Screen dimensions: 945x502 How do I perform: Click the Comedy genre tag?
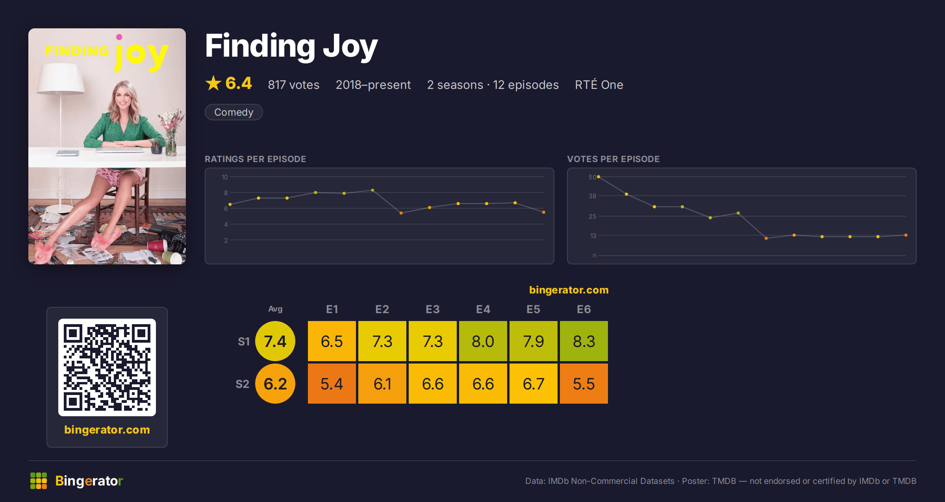click(233, 112)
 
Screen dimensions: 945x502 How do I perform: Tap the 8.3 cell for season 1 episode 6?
click(584, 341)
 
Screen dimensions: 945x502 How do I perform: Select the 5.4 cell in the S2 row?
click(332, 384)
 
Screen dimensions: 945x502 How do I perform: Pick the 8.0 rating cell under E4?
click(483, 341)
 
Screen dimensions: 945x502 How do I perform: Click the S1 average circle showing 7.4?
click(275, 341)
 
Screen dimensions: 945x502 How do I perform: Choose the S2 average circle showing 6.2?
click(275, 384)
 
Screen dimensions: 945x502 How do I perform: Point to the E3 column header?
click(433, 309)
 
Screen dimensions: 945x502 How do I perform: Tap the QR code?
click(107, 367)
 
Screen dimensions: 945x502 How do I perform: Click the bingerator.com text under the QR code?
click(107, 430)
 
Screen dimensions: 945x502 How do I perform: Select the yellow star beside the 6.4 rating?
click(213, 83)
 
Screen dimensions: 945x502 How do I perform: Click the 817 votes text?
click(294, 85)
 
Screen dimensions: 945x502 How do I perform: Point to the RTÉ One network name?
click(599, 85)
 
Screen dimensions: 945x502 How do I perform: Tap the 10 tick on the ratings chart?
click(225, 177)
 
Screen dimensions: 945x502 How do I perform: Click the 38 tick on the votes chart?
click(593, 196)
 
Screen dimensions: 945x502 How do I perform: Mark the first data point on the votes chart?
click(598, 177)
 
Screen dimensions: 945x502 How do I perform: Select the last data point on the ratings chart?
click(544, 212)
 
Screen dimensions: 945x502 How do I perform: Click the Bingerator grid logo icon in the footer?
click(39, 481)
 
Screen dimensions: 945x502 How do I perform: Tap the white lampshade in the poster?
click(61, 79)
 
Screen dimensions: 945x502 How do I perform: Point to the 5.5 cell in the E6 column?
click(584, 384)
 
